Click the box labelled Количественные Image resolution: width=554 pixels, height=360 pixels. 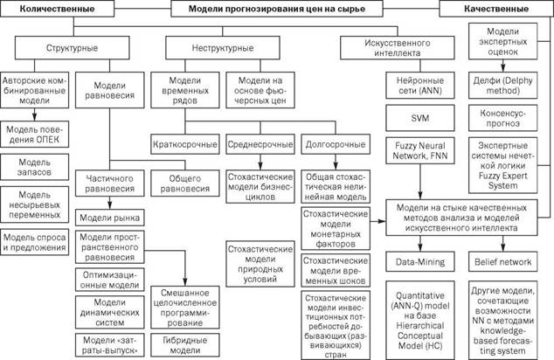58,9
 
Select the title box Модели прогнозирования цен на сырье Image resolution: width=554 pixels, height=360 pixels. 277,9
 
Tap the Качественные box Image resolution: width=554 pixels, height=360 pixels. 496,9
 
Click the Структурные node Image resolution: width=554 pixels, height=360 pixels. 72,48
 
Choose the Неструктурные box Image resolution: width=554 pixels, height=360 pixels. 223,48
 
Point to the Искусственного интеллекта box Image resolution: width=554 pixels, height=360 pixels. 397,48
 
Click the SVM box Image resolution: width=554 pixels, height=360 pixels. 420,118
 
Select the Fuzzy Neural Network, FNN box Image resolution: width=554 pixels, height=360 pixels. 420,151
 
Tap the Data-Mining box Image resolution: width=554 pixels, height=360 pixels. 420,262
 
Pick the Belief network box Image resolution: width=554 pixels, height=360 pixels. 502,262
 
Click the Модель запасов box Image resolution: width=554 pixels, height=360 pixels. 35,167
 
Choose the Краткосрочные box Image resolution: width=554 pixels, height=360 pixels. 184,144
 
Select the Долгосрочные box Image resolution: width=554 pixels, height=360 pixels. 336,144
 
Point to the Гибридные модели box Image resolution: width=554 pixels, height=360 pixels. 184,345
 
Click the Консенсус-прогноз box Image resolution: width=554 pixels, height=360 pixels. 502,118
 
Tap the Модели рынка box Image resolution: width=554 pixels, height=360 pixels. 110,218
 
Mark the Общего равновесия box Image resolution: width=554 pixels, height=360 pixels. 184,183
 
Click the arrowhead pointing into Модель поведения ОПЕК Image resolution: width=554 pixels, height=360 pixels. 35,118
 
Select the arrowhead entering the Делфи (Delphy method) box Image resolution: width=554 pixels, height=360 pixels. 502,68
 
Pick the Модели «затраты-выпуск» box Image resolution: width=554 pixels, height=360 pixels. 110,345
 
